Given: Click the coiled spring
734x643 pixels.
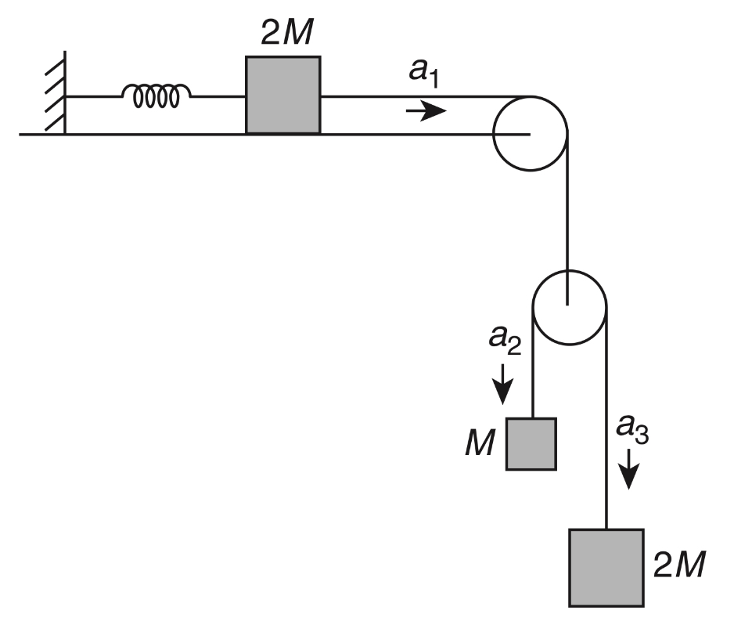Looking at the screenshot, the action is coord(156,96).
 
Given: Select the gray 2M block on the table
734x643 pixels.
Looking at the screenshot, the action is coord(283,95).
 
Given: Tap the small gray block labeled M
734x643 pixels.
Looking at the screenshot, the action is coord(531,444).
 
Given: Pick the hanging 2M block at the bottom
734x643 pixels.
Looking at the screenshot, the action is coord(606,568).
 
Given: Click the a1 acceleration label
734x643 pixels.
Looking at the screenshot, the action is coord(424,73).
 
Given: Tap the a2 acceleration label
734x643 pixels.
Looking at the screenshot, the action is coord(505,339).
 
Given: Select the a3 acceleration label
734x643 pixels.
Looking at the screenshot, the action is coord(632,429).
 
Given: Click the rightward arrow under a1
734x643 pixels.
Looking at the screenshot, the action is coord(426,111).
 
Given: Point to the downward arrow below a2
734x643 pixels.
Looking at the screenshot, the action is coord(502,384).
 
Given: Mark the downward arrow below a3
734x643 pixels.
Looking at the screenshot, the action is coord(630,469).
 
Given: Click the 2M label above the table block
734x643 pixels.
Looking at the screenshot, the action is coord(287,33).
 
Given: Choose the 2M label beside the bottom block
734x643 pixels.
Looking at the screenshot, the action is coord(679,564).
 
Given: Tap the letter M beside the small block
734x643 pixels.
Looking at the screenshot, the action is coord(480,443).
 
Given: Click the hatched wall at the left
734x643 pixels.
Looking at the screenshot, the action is coord(56,92).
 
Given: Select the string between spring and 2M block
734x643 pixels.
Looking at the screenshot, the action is coord(218,96).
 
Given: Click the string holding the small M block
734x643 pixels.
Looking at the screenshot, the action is coord(533,363).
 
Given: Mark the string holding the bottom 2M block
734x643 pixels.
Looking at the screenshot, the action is coord(606,418).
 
